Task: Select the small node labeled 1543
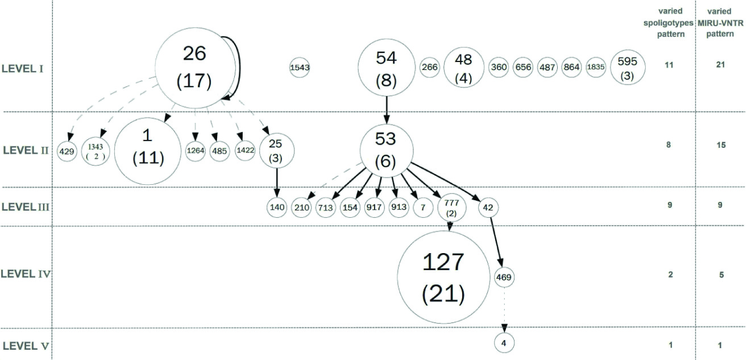tap(300, 68)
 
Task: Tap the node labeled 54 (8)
tap(387, 67)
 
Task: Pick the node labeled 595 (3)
tap(627, 68)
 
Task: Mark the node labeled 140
tap(277, 207)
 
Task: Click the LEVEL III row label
tap(27, 206)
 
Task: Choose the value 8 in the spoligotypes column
tap(669, 145)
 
